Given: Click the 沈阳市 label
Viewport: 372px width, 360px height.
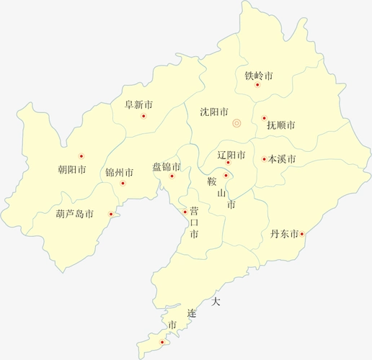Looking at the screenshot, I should pyautogui.click(x=214, y=112).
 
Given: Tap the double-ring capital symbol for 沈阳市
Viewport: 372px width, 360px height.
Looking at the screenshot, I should pyautogui.click(x=236, y=124).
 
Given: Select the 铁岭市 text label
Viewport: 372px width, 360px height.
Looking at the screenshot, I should pyautogui.click(x=259, y=76).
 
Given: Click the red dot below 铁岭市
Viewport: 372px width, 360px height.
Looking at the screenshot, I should pyautogui.click(x=257, y=85).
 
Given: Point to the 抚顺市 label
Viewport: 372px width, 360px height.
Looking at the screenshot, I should pyautogui.click(x=280, y=125).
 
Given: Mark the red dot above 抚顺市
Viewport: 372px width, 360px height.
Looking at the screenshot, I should pyautogui.click(x=264, y=117).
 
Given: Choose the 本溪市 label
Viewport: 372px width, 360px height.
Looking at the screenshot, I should pyautogui.click(x=282, y=160).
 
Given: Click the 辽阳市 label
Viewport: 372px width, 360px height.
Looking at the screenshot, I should pyautogui.click(x=231, y=155).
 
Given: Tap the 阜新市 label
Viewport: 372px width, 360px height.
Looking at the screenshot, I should pyautogui.click(x=138, y=105).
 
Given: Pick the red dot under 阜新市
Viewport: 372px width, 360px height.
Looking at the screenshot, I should pyautogui.click(x=143, y=116).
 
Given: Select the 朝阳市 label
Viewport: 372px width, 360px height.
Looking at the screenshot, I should pyautogui.click(x=71, y=171).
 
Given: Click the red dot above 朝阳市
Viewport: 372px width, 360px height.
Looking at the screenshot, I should pyautogui.click(x=81, y=156).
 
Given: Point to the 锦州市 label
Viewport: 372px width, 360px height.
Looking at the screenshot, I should pyautogui.click(x=119, y=173).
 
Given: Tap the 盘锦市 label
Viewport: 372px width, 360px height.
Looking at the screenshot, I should pyautogui.click(x=167, y=167).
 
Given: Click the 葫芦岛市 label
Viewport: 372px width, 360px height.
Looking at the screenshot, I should pyautogui.click(x=75, y=214).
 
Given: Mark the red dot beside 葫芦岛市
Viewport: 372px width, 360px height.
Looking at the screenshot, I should pyautogui.click(x=110, y=213).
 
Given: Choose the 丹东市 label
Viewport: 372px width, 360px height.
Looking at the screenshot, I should pyautogui.click(x=284, y=234).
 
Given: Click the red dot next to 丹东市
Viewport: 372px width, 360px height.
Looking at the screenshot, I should pyautogui.click(x=302, y=233).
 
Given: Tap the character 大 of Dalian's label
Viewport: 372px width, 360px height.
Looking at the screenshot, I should pyautogui.click(x=216, y=302).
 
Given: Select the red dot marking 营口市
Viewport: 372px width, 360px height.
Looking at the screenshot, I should pyautogui.click(x=185, y=212).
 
